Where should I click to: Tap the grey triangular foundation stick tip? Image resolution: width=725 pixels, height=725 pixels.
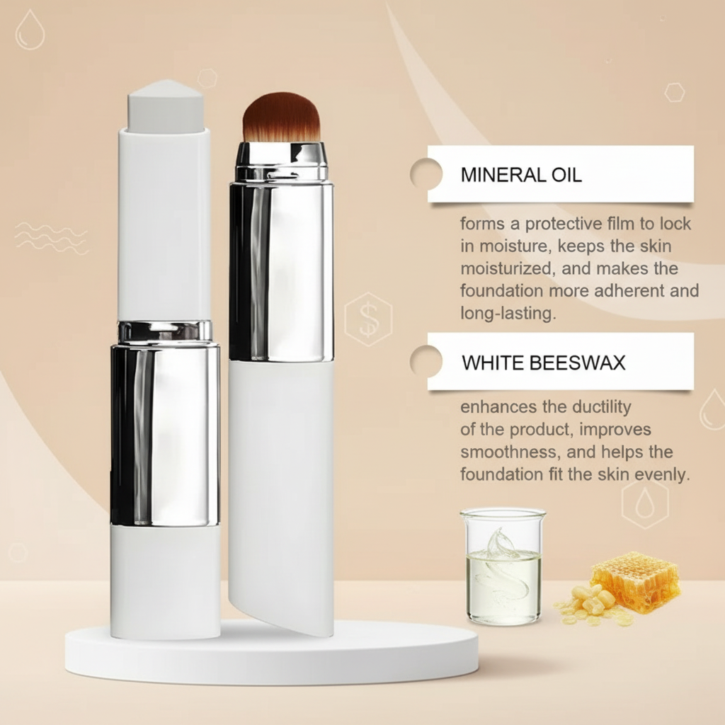coord(164,106)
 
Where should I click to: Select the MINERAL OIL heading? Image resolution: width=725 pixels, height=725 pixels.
coord(521,175)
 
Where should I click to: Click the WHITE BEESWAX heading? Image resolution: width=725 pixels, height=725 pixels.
coord(543,363)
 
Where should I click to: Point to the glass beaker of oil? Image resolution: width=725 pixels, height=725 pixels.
coord(503,566)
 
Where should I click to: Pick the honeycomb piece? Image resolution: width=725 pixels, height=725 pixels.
coord(636,581)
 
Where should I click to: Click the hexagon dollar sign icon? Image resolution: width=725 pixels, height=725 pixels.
coord(368,319)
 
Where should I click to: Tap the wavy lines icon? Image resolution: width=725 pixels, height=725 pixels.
coord(51,239)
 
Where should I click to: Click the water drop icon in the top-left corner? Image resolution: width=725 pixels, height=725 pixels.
coord(30,30)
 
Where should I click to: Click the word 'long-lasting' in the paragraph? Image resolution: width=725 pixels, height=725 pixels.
coord(508,314)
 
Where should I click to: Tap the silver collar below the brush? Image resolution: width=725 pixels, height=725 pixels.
coord(282,162)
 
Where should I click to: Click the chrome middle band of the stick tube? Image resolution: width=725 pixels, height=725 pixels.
coord(165,435)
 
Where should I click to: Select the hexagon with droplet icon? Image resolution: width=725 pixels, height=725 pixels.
coord(646,504)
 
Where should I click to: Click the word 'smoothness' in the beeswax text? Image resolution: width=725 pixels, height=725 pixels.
coord(509,452)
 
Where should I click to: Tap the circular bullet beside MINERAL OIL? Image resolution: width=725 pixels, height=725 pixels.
coord(426,174)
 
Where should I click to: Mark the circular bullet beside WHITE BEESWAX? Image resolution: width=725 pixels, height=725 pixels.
coord(426,361)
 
